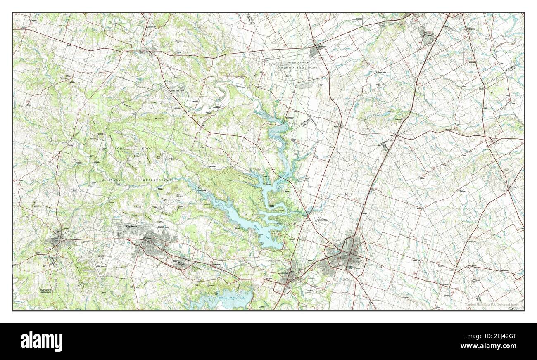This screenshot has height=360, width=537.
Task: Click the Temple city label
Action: click(344, 258)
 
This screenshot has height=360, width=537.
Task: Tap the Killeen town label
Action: click(148, 239)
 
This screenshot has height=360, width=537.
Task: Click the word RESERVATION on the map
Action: click(157, 180)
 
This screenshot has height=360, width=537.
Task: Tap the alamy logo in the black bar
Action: click(42, 341)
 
